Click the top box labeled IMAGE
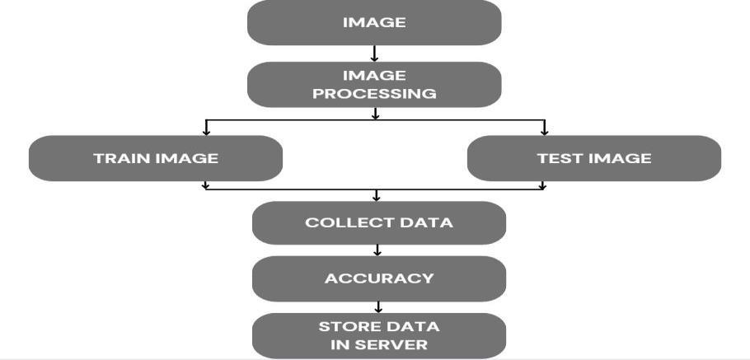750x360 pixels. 374,22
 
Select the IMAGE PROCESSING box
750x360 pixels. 374,84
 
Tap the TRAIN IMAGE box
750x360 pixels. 156,158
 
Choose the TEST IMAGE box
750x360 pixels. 593,158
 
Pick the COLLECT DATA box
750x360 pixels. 378,222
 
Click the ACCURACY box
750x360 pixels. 378,278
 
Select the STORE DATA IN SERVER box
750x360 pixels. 378,335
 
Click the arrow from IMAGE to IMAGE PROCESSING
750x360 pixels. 375,54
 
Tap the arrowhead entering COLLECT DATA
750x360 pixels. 377,197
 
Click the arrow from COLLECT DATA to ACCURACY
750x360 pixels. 377,250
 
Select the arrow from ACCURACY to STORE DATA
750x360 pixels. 378,307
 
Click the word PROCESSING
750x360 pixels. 374,93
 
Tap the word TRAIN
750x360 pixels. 120,158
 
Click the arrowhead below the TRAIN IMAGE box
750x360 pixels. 206,186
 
